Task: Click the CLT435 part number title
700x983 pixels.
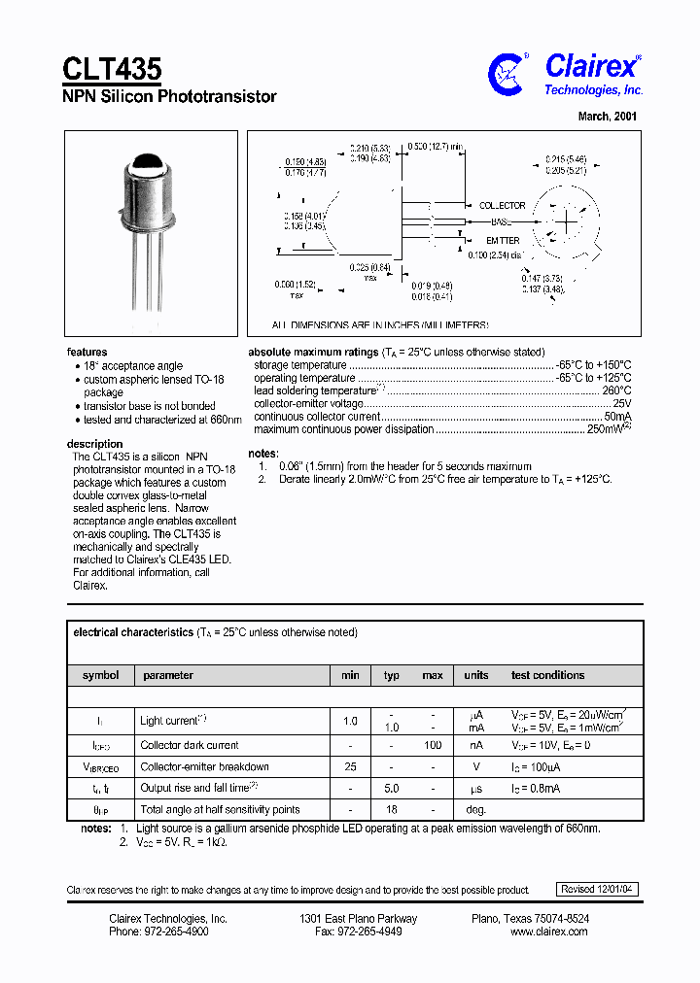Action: tap(112, 69)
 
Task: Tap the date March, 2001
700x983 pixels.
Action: tap(608, 116)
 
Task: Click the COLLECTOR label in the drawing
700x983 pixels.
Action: tap(502, 206)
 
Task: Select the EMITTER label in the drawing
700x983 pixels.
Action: tap(503, 240)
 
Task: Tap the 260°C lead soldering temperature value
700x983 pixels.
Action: tap(616, 390)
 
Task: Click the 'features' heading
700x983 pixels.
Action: tap(87, 352)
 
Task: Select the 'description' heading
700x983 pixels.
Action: tap(94, 444)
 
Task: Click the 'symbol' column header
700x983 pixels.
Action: tap(100, 675)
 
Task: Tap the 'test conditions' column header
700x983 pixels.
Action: tap(547, 675)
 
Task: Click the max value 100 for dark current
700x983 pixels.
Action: tap(433, 745)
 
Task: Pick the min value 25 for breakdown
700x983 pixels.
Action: tap(350, 766)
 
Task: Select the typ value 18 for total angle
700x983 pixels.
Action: tap(391, 809)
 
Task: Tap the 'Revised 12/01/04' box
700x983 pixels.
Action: tap(598, 889)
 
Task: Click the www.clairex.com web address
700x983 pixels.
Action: tap(548, 932)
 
